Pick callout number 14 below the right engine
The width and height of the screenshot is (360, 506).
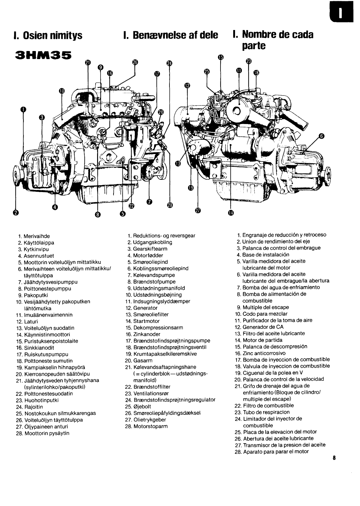click(x=231, y=212)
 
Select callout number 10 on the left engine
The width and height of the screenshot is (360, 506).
click(x=62, y=91)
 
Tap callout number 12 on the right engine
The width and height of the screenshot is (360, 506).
click(x=187, y=85)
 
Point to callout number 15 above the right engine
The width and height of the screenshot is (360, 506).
click(x=220, y=57)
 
